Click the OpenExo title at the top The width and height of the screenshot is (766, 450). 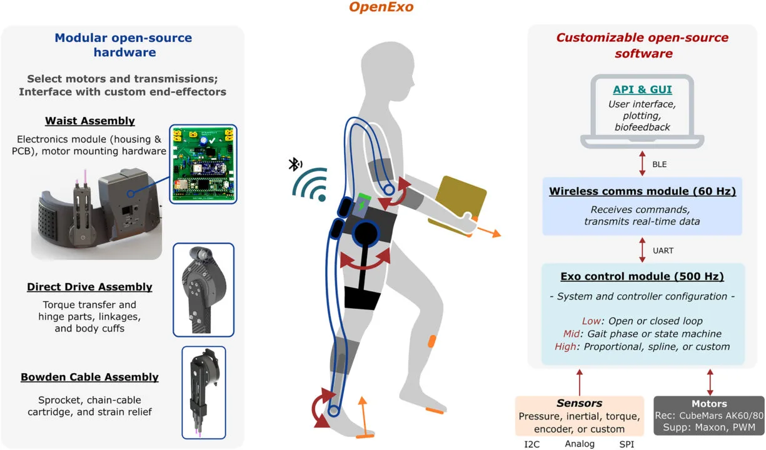tap(381, 7)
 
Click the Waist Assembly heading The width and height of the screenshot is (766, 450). tap(90, 121)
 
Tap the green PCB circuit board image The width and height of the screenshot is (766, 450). tap(203, 164)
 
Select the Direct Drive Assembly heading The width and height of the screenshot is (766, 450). tap(89, 287)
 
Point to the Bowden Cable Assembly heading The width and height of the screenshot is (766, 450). tap(89, 377)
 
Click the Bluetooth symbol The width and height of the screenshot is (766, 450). tap(295, 164)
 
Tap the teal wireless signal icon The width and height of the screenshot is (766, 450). tap(311, 184)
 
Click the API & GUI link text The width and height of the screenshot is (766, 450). tap(642, 89)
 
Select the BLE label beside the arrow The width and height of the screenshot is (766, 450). tap(659, 164)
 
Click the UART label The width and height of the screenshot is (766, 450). tap(663, 251)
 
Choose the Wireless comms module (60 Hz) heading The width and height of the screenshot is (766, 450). tap(643, 191)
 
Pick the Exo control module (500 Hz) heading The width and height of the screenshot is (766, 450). tap(642, 276)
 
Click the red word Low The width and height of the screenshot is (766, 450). tap(591, 321)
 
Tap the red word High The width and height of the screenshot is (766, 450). tap(565, 347)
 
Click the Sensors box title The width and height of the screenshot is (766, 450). tap(580, 403)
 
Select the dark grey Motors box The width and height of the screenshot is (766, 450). tap(709, 416)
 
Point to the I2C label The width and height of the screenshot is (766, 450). tap(532, 444)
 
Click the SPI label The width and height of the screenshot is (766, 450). tap(627, 444)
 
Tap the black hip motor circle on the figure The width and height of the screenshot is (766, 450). tap(366, 233)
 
